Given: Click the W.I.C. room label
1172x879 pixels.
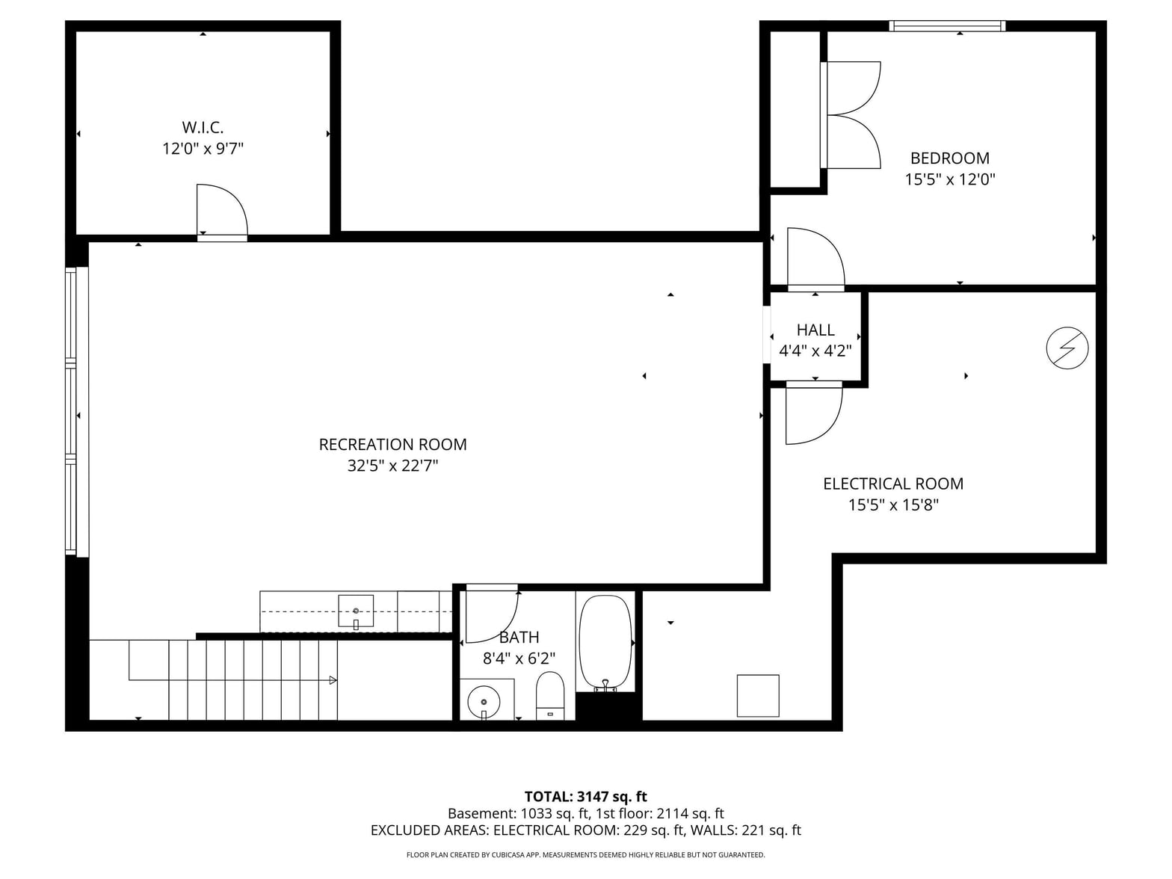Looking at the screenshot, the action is [x=203, y=128].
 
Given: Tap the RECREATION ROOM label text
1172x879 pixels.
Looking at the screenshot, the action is [x=392, y=445].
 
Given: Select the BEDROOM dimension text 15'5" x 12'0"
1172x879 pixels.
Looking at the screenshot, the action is [x=949, y=179].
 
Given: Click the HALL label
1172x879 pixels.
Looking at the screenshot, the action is [x=815, y=330].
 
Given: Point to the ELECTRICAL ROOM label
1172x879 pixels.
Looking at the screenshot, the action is [x=892, y=484].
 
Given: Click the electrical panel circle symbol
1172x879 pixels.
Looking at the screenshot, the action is [x=1067, y=348].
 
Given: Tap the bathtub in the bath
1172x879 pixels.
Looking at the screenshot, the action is [x=605, y=643].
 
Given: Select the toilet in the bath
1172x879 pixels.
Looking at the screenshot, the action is [x=550, y=695].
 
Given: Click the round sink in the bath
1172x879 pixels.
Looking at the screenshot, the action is [x=484, y=703].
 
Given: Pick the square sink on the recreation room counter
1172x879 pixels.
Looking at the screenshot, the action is [x=356, y=611].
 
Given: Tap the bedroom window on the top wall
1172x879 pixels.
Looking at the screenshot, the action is [x=947, y=25].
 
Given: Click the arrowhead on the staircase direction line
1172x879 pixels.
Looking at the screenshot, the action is [x=333, y=680].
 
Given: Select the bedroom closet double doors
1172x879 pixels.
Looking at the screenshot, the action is [x=851, y=115].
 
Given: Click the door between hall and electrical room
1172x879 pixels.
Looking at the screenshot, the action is [x=814, y=413].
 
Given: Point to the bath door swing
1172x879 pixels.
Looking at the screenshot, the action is [x=491, y=614].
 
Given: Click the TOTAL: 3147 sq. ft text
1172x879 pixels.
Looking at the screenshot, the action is [x=585, y=796].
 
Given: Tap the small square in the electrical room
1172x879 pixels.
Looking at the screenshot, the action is [x=758, y=695].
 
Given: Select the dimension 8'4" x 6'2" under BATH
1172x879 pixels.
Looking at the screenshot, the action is [x=519, y=659].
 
